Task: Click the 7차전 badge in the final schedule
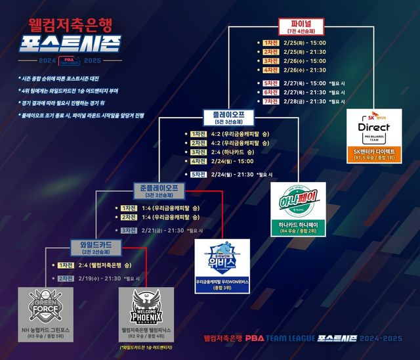click(x=271, y=102)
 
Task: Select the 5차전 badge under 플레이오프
click(x=198, y=174)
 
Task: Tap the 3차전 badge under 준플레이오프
click(x=129, y=231)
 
